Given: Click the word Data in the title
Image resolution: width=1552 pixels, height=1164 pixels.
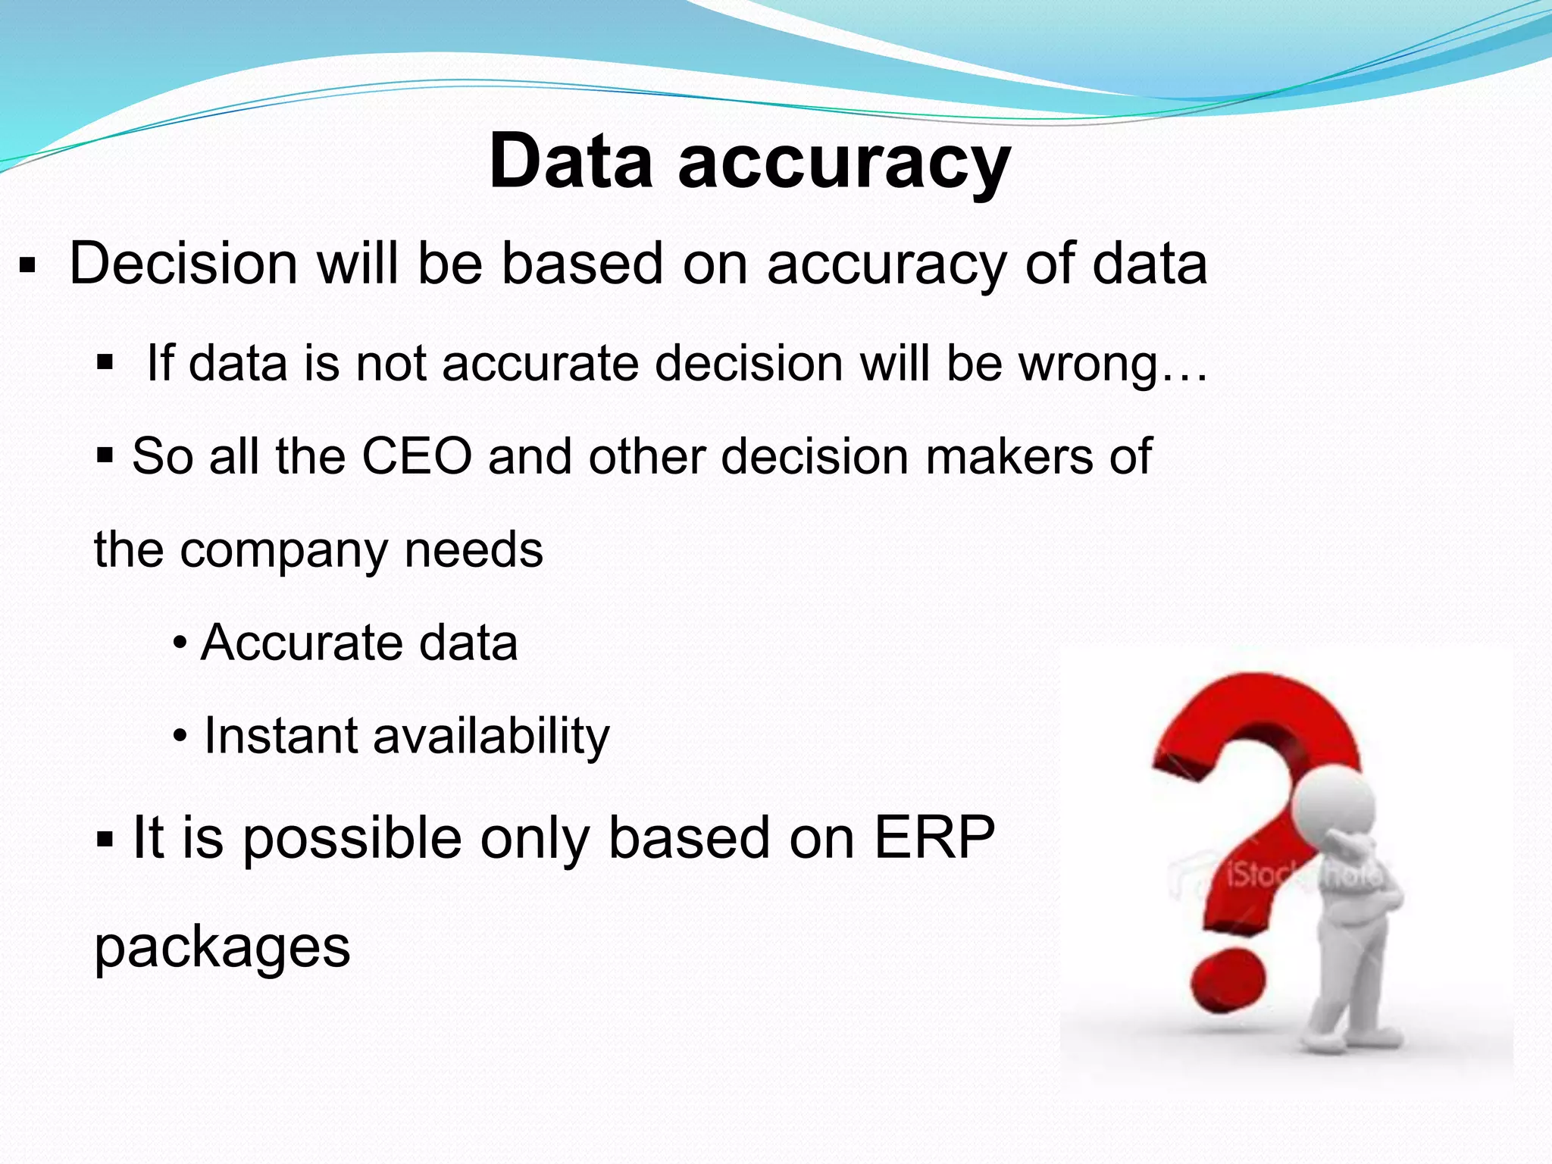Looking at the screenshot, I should pos(571,161).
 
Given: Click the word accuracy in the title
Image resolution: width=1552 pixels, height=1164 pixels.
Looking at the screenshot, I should pos(844,163).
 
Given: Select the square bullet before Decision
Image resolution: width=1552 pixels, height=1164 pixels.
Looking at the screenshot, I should pos(27,267).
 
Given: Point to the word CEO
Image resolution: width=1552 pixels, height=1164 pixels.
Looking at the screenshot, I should pos(417,456).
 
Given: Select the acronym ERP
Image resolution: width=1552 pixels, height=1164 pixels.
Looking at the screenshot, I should pos(934,837).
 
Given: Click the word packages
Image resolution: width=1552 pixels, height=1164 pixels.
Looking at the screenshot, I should pos(222,948).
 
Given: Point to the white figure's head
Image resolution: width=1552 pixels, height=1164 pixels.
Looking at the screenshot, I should pos(1334,803).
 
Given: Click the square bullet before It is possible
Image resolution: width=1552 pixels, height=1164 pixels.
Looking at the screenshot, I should pos(105,840).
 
